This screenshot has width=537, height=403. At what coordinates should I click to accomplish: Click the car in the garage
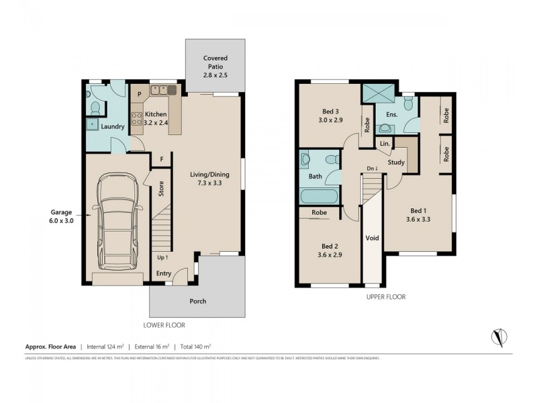(117, 220)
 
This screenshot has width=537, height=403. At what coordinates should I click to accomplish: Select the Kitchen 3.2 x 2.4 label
(156, 118)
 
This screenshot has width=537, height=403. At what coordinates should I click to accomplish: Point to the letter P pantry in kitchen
(140, 95)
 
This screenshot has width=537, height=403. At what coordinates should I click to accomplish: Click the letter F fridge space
(162, 159)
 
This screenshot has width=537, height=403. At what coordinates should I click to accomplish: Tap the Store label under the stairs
(161, 188)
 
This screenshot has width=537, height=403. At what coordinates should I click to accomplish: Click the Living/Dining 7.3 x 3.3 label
(209, 179)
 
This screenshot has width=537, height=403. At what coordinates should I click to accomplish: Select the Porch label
(197, 301)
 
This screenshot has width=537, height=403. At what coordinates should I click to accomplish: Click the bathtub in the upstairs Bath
(319, 197)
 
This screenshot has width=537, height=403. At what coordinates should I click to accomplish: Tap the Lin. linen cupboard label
(385, 144)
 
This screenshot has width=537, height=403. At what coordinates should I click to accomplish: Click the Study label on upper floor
(396, 162)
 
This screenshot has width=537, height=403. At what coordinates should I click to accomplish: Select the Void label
(371, 238)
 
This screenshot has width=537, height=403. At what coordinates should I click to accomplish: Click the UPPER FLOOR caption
(385, 296)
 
